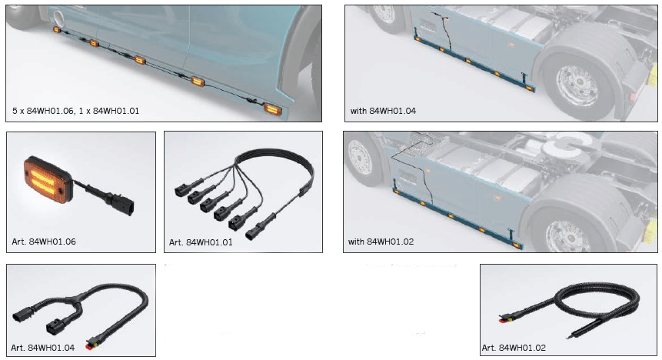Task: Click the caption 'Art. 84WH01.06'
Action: [x=44, y=242]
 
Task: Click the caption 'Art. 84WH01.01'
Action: [x=201, y=242]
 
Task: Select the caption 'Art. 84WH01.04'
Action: [x=42, y=348]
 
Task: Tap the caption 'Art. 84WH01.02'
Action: [x=514, y=348]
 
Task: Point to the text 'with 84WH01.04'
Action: [x=383, y=111]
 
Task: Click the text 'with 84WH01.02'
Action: [x=381, y=242]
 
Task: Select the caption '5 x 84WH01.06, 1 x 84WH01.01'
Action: [x=75, y=111]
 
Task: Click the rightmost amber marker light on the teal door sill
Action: [x=273, y=109]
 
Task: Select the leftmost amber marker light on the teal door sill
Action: [x=57, y=29]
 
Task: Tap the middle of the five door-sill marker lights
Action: [x=140, y=61]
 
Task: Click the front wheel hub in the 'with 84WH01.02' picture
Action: [x=359, y=157]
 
